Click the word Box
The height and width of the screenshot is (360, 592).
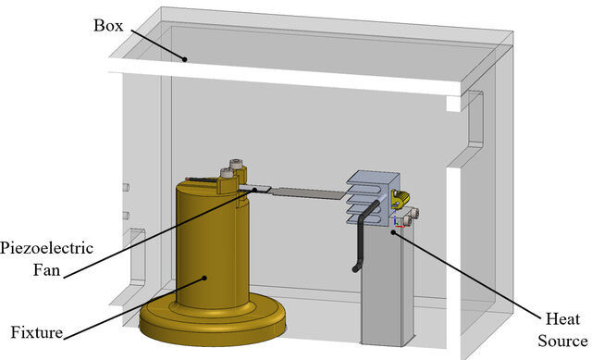(108, 26)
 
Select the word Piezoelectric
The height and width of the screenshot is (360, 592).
(46, 249)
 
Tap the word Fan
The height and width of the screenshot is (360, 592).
(47, 270)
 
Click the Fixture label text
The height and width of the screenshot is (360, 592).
(37, 333)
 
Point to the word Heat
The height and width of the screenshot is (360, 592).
(562, 319)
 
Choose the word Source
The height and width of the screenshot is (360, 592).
(562, 341)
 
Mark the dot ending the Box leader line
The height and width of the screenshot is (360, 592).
(185, 59)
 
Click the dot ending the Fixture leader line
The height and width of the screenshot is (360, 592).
(204, 278)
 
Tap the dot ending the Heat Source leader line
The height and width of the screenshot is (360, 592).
(393, 232)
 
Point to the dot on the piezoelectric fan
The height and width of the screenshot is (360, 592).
(254, 190)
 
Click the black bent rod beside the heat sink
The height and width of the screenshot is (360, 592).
(363, 234)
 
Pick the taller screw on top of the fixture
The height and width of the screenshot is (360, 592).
(236, 165)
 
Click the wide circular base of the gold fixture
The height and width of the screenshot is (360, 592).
(213, 323)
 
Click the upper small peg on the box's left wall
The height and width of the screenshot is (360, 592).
(126, 187)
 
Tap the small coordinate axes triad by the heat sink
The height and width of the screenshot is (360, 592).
(399, 223)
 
